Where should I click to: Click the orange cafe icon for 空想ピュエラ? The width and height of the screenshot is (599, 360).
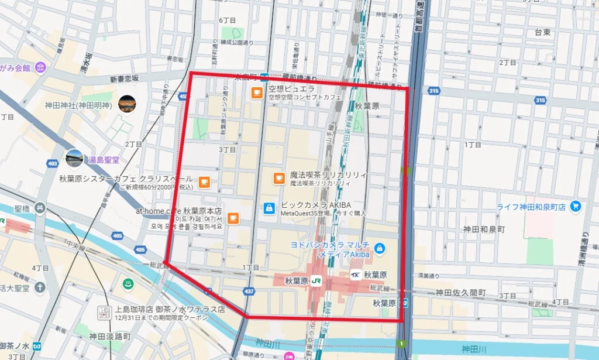(257, 92)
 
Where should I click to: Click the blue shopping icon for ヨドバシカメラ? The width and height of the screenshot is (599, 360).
(380, 249)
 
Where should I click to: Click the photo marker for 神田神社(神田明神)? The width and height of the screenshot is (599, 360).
(127, 104)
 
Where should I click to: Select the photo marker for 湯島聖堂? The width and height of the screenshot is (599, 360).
(74, 158)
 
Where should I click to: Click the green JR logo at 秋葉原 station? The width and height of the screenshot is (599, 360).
(316, 281)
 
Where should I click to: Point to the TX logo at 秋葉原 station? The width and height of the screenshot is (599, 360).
(355, 275)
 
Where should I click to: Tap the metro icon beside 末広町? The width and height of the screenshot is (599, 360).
(264, 76)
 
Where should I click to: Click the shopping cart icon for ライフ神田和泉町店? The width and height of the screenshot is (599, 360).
(576, 207)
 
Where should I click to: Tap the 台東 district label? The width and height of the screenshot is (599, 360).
(542, 33)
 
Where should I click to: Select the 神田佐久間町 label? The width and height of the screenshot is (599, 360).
(460, 292)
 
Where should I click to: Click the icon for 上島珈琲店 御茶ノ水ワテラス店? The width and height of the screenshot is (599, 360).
(104, 313)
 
